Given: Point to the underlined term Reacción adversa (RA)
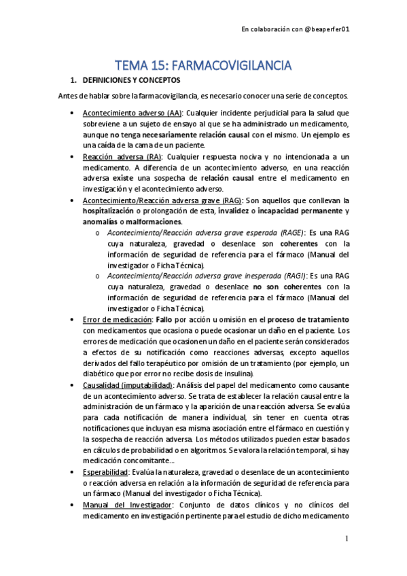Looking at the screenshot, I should [x=120, y=157].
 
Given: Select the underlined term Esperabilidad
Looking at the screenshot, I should [x=107, y=471].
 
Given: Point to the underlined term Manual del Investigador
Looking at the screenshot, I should [x=127, y=505].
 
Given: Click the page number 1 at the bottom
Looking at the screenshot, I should [x=347, y=539].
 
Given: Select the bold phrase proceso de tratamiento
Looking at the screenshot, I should [x=308, y=320].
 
